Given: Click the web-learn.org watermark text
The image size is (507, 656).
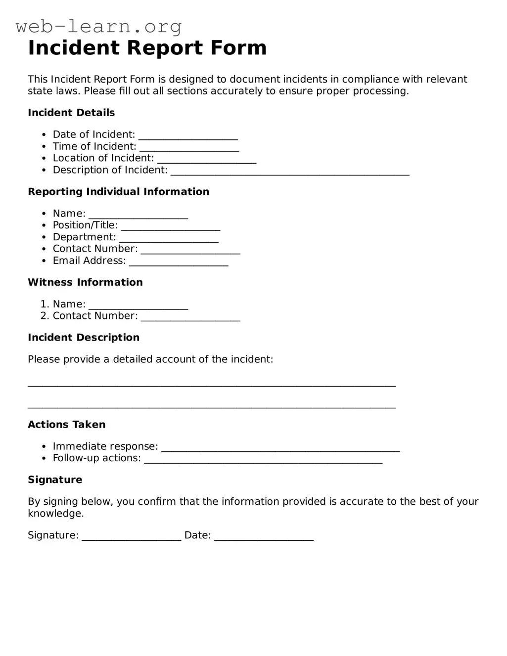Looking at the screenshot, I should coord(98,26).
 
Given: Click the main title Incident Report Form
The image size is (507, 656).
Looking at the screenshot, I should coord(147,48).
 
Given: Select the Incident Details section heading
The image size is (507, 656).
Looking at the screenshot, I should coord(71,113).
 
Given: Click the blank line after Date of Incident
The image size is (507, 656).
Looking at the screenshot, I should coord(188,136).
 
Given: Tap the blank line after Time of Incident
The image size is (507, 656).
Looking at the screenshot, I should coord(189,148).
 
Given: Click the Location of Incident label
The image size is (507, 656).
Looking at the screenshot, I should coord(103,158).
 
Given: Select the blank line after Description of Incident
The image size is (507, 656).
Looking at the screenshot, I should coord(290,172).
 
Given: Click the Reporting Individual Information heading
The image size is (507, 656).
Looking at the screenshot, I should coord(118,192).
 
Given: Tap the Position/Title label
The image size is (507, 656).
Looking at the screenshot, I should coord(85,225).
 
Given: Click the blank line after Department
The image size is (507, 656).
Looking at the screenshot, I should coord(169,239).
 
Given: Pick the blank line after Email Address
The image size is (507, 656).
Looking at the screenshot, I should coord(179,262).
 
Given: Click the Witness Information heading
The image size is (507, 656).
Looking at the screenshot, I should coord(85,282).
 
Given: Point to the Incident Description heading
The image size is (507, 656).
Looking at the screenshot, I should coord(84,338).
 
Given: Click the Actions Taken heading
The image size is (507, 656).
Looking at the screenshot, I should coord(66,425).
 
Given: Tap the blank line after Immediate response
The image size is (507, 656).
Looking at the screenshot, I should coord(280,448).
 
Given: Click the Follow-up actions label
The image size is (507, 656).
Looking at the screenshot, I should coord(96,458).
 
